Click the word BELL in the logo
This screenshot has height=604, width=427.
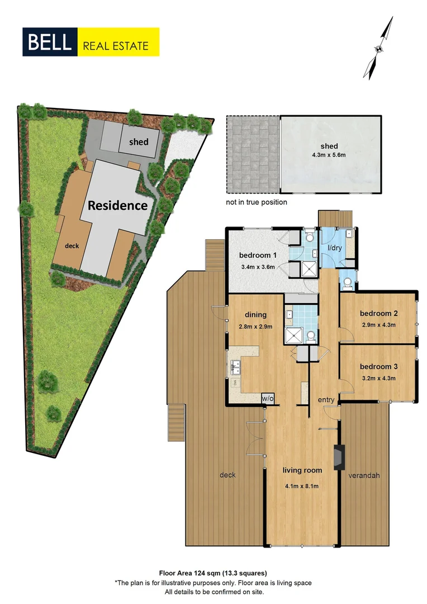tap(50, 42)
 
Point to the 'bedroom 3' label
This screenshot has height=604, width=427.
tap(378, 367)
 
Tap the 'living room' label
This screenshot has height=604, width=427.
tap(302, 470)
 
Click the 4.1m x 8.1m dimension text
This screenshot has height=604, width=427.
tap(302, 486)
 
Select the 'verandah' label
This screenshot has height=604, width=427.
tap(364, 475)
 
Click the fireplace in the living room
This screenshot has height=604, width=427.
tap(338, 456)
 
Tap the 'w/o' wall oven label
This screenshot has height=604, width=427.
tap(268, 398)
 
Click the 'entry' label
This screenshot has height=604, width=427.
tap(326, 400)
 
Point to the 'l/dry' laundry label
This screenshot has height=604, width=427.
tap(334, 248)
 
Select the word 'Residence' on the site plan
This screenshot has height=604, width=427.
tap(117, 205)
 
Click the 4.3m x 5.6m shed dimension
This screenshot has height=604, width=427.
tap(330, 155)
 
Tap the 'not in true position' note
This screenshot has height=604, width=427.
tap(257, 202)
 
